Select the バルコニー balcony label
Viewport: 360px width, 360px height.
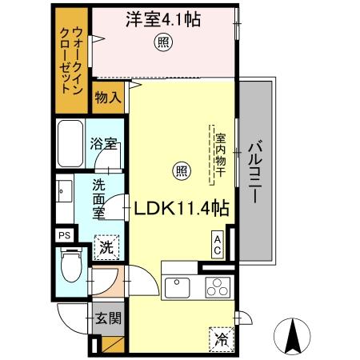(254, 174)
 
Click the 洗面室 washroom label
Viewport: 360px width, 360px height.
(98, 199)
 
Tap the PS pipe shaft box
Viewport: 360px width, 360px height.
(64, 235)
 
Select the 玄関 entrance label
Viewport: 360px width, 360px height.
(109, 319)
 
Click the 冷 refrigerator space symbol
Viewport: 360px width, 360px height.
(222, 339)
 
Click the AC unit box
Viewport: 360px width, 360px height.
(217, 243)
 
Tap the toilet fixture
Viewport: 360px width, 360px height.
(70, 266)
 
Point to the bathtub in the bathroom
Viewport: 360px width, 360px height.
(71, 142)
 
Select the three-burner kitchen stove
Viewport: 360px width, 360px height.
(216, 286)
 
